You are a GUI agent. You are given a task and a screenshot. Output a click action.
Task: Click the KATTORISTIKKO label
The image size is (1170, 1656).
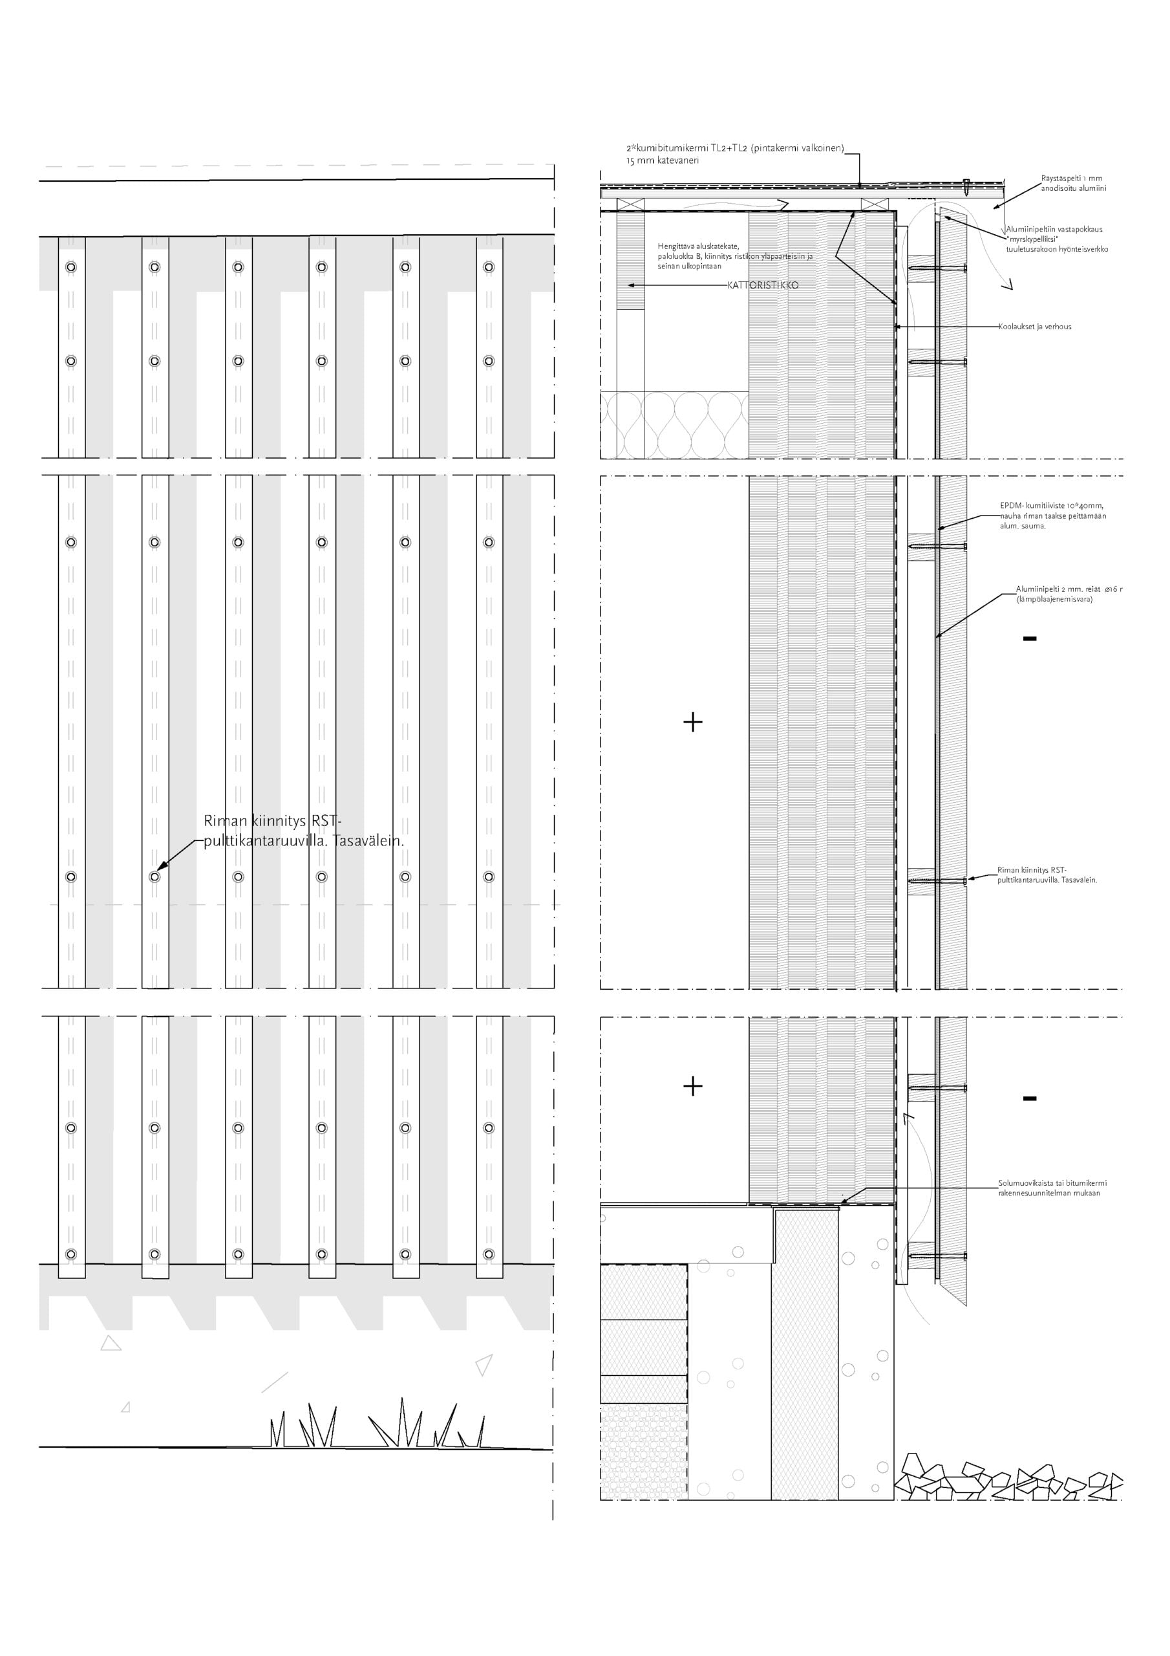pyautogui.click(x=763, y=285)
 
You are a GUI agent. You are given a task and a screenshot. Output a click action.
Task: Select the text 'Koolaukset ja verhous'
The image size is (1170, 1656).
pyautogui.click(x=1034, y=327)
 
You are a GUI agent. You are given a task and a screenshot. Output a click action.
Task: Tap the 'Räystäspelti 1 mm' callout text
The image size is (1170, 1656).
pyautogui.click(x=1071, y=178)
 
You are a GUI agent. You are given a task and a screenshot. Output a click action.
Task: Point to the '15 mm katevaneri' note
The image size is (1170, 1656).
pyautogui.click(x=662, y=161)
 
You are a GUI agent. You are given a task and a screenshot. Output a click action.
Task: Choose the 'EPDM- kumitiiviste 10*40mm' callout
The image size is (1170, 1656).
pyautogui.click(x=1051, y=506)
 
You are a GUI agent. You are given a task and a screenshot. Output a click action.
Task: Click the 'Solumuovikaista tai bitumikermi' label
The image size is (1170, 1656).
pyautogui.click(x=1052, y=1183)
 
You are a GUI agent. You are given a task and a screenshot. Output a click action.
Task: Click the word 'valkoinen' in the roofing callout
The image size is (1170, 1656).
pyautogui.click(x=821, y=149)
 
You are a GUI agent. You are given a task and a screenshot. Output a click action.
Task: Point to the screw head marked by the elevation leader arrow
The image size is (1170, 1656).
pyautogui.click(x=154, y=877)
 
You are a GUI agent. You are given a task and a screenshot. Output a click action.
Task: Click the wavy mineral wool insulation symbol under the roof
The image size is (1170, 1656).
pyautogui.click(x=674, y=425)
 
